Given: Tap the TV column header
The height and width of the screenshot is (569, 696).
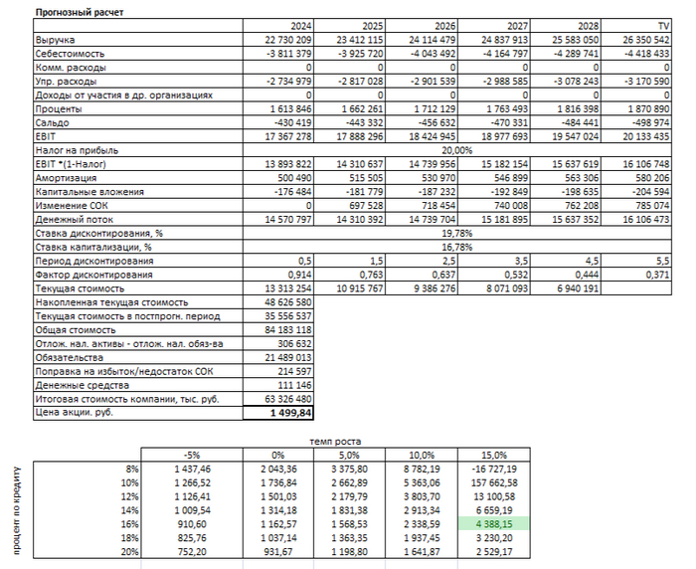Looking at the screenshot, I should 662,25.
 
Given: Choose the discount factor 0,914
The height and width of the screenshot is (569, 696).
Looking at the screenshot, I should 299,272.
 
